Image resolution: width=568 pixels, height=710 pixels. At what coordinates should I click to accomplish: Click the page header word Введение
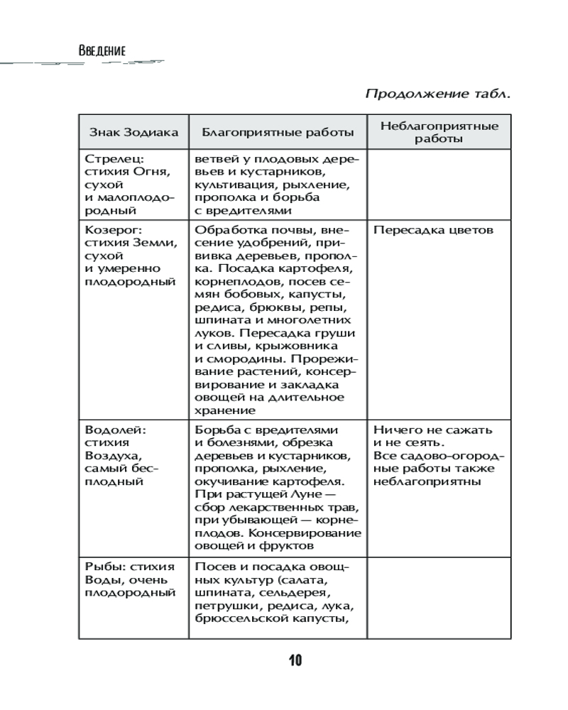pos(103,51)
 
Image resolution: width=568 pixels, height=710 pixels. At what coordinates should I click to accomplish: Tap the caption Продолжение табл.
pos(437,94)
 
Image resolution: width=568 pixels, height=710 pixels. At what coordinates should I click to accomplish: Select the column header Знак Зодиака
pos(133,132)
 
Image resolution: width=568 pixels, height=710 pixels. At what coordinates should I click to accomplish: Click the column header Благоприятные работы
pos(278,132)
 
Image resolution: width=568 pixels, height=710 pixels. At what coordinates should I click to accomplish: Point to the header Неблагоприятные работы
pos(439,132)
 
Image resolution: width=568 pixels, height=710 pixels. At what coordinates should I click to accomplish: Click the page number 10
pos(295,661)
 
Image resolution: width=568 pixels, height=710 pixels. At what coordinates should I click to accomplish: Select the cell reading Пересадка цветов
pos(433,231)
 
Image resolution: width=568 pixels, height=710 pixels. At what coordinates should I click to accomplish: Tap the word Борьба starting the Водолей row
pos(218,430)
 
